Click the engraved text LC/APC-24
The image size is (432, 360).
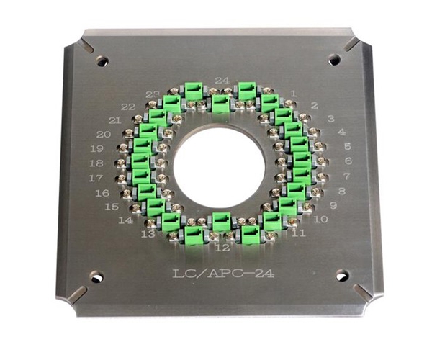click(223, 274)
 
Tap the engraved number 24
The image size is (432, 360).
click(222, 81)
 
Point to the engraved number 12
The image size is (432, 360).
click(222, 248)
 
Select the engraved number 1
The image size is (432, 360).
click(294, 94)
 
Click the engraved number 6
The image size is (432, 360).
click(348, 161)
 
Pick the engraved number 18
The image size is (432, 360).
click(96, 163)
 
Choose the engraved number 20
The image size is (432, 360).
click(103, 135)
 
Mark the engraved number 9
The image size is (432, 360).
click(333, 205)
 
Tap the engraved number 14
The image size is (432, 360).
click(125, 220)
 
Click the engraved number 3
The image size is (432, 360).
click(331, 119)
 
